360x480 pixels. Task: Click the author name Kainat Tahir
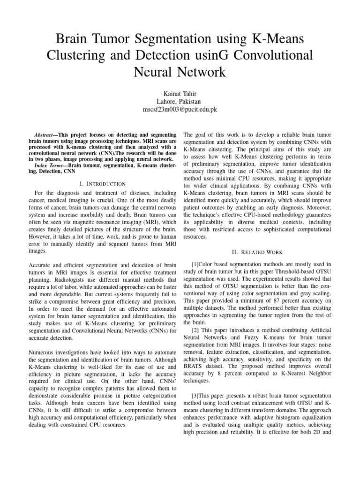(x=180, y=94)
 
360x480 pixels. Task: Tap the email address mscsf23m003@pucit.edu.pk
(x=180, y=109)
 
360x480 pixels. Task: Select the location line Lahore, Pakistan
(x=180, y=102)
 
